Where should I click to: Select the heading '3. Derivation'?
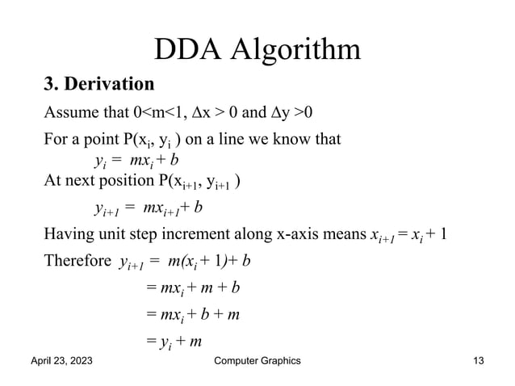(x=98, y=84)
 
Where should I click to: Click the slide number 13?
(x=479, y=361)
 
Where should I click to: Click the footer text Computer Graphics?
(x=256, y=361)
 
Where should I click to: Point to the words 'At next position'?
(x=94, y=180)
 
